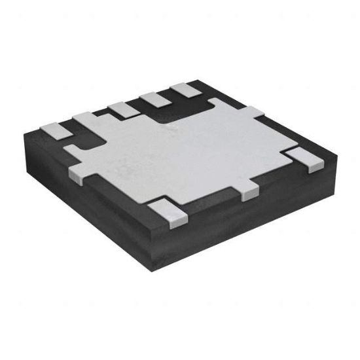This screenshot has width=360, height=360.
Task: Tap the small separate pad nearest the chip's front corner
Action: tap(167, 213)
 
